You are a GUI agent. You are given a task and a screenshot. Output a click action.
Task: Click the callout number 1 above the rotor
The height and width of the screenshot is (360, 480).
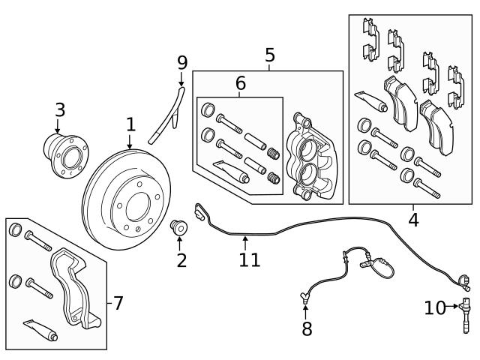(x=130, y=124)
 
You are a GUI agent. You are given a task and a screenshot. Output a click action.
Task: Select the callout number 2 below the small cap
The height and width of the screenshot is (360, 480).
(x=181, y=260)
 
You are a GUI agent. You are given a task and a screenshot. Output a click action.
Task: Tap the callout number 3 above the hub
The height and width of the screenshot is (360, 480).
(x=60, y=110)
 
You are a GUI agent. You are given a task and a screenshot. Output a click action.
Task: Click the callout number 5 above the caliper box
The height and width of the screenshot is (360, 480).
(x=270, y=55)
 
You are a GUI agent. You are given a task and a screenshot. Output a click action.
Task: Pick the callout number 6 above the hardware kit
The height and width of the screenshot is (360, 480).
(x=240, y=83)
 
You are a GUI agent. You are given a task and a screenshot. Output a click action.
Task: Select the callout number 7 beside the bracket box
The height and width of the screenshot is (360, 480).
(x=117, y=303)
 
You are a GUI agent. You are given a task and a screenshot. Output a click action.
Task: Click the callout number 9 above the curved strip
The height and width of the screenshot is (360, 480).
(x=181, y=62)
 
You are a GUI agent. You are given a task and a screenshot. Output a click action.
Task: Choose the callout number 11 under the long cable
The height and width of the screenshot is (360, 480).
(x=249, y=259)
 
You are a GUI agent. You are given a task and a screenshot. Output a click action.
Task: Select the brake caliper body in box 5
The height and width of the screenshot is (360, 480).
(x=309, y=157)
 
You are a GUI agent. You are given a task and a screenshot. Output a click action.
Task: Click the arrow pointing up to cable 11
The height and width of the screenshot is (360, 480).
(x=244, y=241)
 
